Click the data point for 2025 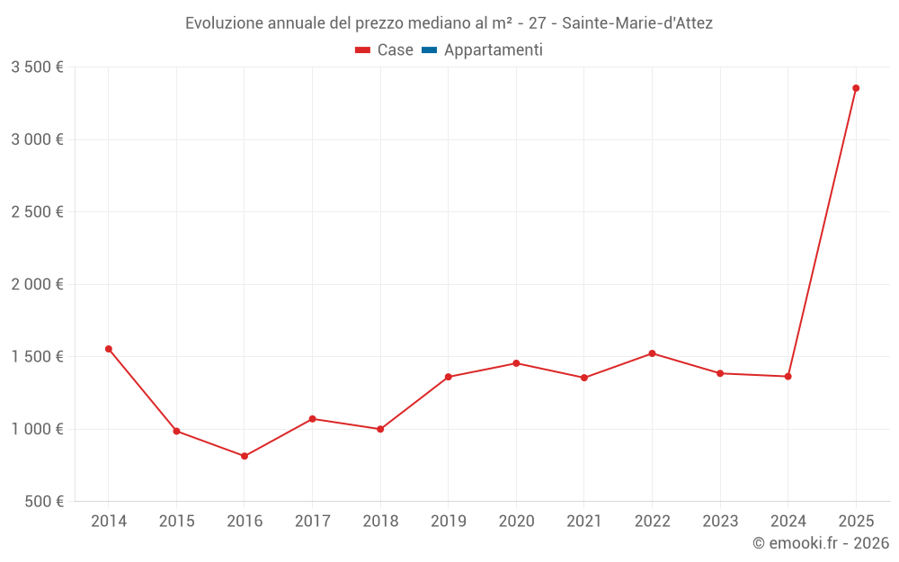pos(856,88)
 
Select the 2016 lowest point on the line pos(245,456)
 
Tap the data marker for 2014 pos(109,349)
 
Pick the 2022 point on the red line pos(652,353)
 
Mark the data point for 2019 pos(449,377)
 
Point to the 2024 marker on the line pos(788,376)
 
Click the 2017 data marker pos(312,419)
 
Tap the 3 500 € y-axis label pos(37,67)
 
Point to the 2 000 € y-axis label pos(37,284)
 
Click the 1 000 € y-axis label pos(37,429)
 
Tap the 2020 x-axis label pos(516,522)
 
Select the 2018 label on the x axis pos(380,522)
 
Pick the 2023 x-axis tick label pos(720,522)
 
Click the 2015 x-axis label pos(176,522)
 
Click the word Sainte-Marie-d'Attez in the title pos(637,23)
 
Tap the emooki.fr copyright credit pos(821,543)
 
